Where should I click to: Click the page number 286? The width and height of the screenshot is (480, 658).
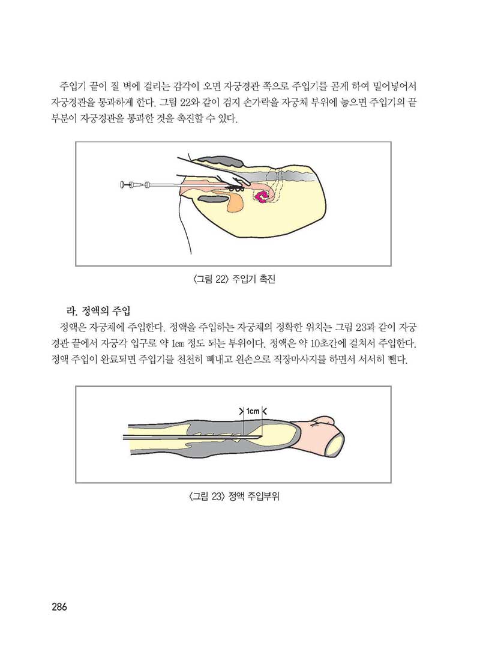tap(59, 606)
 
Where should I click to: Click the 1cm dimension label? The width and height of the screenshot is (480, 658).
tap(253, 411)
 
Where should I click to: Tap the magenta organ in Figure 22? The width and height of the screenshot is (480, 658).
tap(262, 196)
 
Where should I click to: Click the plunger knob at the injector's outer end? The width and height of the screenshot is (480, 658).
tap(122, 184)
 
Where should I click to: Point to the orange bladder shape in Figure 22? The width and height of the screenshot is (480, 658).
tap(235, 203)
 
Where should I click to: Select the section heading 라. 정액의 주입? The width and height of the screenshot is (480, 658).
tap(96, 311)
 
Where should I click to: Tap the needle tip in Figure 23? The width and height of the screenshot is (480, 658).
tap(262, 436)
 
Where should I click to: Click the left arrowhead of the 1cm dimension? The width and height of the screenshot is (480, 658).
tap(241, 411)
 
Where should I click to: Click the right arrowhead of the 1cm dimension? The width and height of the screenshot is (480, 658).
tap(264, 411)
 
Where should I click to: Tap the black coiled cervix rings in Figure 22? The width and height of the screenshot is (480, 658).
tap(236, 187)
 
